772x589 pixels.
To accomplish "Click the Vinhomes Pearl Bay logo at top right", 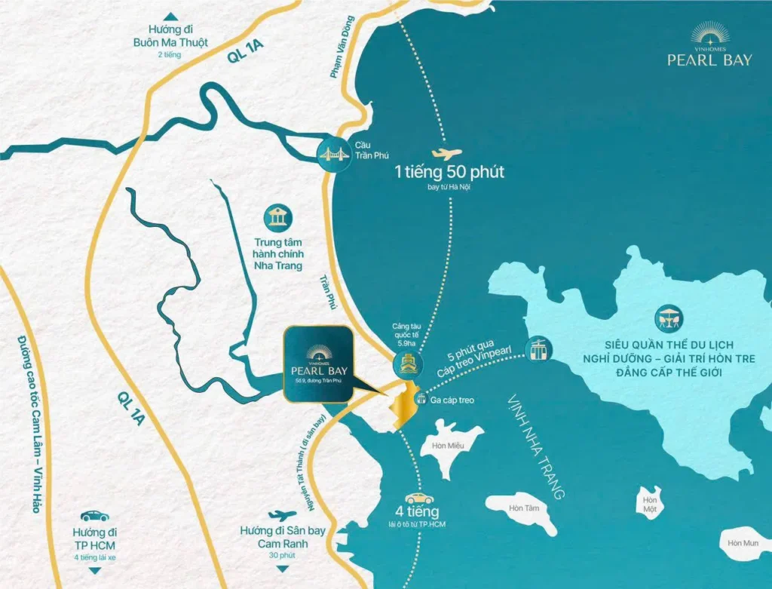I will (709, 47).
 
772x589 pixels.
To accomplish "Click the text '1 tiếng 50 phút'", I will (449, 172).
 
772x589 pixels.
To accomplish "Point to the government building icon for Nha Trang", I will (278, 219).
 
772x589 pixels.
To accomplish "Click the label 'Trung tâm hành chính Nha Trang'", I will (278, 254).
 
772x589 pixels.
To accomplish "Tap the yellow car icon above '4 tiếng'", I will (420, 499).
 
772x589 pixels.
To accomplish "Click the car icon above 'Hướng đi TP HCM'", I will (95, 516).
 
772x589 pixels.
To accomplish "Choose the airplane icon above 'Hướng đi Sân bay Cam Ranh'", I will (282, 515).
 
